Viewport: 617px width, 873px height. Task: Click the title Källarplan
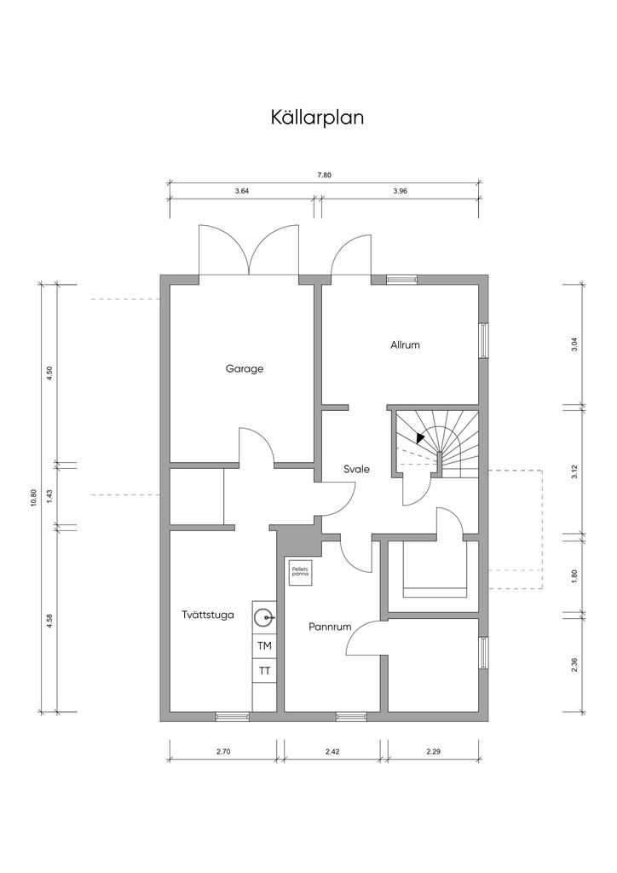click(x=317, y=118)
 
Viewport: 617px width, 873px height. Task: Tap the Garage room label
click(x=245, y=369)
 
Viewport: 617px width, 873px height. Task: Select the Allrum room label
click(x=406, y=345)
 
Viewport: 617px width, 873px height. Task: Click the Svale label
click(x=356, y=469)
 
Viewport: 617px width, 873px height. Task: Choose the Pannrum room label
click(x=330, y=627)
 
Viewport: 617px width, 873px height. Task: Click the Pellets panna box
click(x=299, y=574)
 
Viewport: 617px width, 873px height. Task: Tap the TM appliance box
click(x=265, y=646)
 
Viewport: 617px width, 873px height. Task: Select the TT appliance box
click(x=265, y=671)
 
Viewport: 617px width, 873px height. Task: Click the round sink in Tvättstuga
click(x=266, y=616)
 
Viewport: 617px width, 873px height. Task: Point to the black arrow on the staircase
click(x=420, y=436)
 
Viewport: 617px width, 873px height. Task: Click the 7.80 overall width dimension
click(x=324, y=176)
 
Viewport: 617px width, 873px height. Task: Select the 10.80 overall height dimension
click(x=33, y=498)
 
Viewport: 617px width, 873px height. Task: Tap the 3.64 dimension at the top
click(x=241, y=192)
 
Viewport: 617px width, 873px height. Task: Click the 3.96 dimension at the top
click(x=401, y=192)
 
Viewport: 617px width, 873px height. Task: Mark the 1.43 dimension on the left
click(x=49, y=495)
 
